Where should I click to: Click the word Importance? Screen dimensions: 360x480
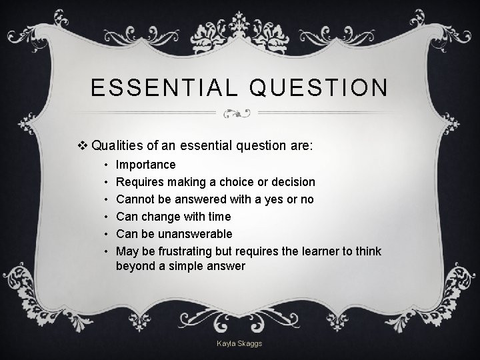coord(145,164)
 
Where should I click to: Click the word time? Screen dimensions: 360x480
coord(218,216)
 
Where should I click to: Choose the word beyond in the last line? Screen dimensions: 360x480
coord(134,267)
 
